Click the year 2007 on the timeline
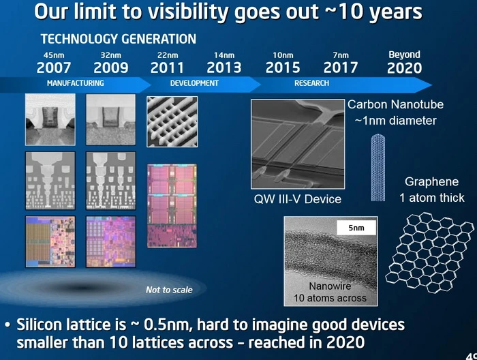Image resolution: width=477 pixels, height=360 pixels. (54, 67)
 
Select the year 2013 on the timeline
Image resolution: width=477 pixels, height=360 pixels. (224, 67)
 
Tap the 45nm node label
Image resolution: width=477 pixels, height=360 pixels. (53, 55)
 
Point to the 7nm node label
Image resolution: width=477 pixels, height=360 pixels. (341, 55)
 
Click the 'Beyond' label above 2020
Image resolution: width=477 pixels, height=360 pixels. (404, 55)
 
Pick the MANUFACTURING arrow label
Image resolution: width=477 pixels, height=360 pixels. (75, 83)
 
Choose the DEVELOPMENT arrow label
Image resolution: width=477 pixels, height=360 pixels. (194, 83)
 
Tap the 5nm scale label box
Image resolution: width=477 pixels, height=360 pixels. (356, 228)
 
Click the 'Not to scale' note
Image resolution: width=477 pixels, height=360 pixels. (169, 290)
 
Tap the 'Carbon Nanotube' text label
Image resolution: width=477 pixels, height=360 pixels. (396, 105)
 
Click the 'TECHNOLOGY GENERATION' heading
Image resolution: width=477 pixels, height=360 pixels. (118, 39)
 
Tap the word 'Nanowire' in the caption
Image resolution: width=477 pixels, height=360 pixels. (330, 286)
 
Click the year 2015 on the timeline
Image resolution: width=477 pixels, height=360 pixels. (283, 67)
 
